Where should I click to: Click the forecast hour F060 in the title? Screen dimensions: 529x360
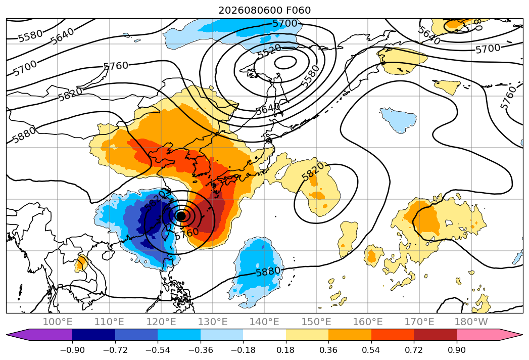point(298,11)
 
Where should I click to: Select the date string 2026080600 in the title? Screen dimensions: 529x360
point(250,11)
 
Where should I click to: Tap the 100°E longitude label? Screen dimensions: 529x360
point(58,322)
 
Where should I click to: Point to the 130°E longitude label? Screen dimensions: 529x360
point(213,322)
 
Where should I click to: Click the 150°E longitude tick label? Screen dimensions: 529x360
point(316,322)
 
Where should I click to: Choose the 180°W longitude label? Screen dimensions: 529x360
point(471,322)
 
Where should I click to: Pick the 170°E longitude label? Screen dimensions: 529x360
point(419,322)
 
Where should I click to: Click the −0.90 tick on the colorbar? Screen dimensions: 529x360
point(72,350)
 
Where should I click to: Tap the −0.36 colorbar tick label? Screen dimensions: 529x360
point(201,350)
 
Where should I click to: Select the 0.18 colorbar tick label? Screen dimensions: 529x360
point(286,350)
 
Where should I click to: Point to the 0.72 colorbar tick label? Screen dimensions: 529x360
point(414,350)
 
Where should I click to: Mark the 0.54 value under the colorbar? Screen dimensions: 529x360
point(371,350)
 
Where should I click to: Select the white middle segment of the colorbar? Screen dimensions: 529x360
point(265,335)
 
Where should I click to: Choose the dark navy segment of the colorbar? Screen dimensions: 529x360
point(93,335)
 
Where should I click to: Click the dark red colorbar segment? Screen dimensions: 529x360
point(435,335)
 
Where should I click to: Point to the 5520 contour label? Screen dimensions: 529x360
point(269,51)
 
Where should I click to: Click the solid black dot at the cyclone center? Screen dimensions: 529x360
point(181,215)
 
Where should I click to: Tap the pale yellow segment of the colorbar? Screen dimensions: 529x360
point(307,335)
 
